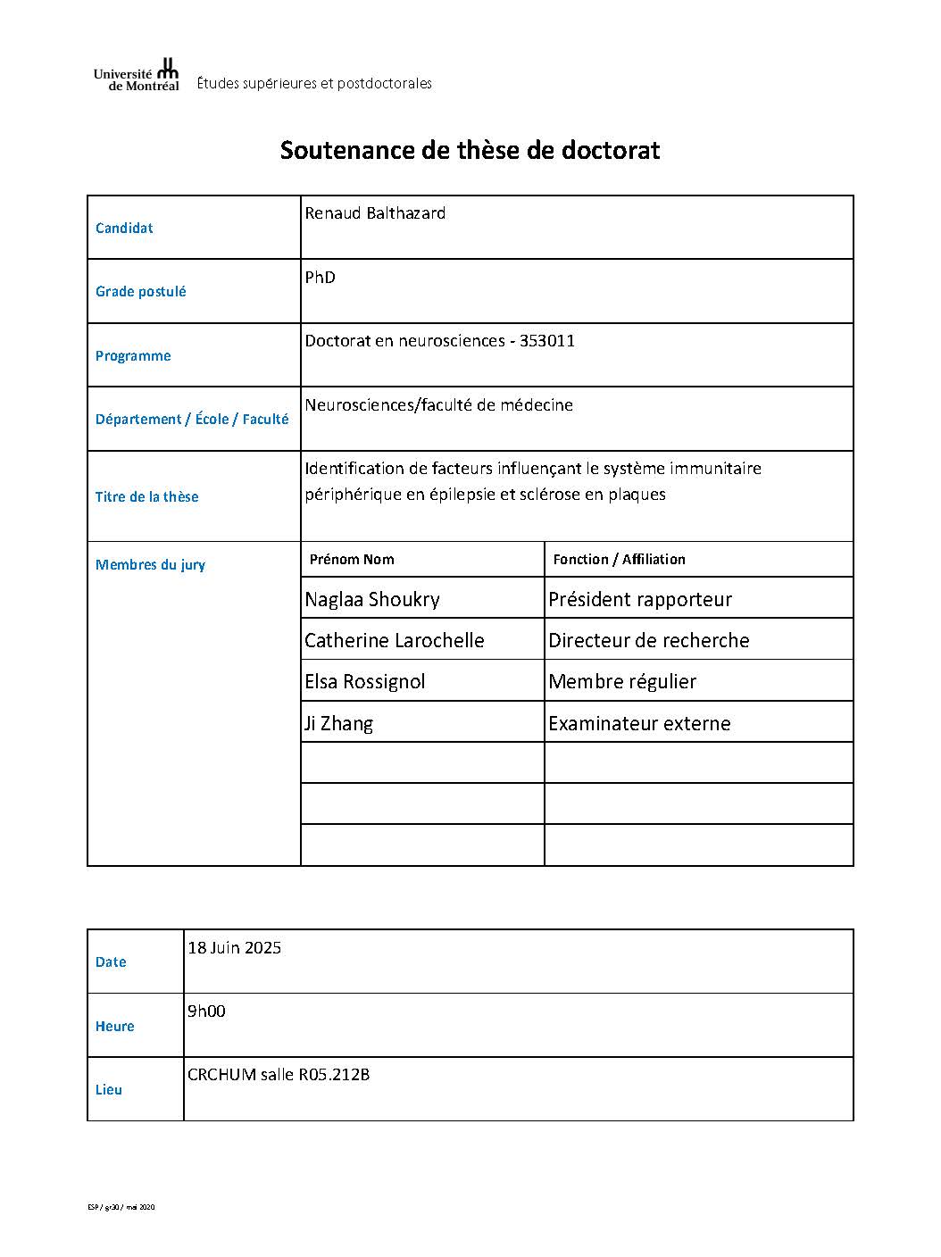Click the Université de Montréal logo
(x=136, y=75)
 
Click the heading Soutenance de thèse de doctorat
(x=470, y=150)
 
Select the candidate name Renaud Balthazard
(x=375, y=213)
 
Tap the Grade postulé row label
(x=141, y=292)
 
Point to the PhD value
(x=320, y=278)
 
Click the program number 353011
(x=547, y=341)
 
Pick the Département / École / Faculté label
(x=192, y=420)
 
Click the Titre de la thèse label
(x=147, y=497)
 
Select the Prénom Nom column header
(x=352, y=560)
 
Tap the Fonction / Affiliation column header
(x=619, y=560)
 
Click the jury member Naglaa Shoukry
(x=372, y=599)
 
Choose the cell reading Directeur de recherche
(x=649, y=641)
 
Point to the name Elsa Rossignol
(x=364, y=682)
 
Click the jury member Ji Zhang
(x=338, y=723)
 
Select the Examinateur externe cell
(x=639, y=723)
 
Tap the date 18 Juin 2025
(x=234, y=948)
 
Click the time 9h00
(x=206, y=1011)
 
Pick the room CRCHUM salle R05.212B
(x=279, y=1075)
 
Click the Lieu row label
(x=109, y=1090)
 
